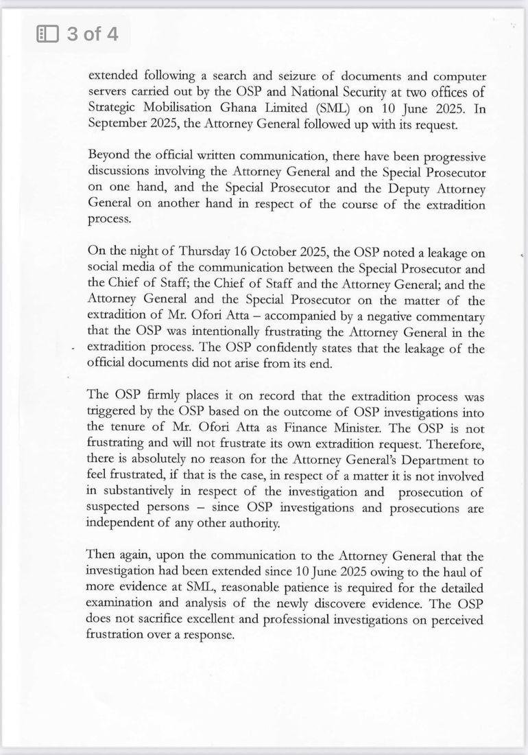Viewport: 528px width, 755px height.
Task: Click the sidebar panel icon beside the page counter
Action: [x=47, y=34]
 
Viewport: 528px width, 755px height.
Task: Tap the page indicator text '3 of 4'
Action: [x=93, y=34]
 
